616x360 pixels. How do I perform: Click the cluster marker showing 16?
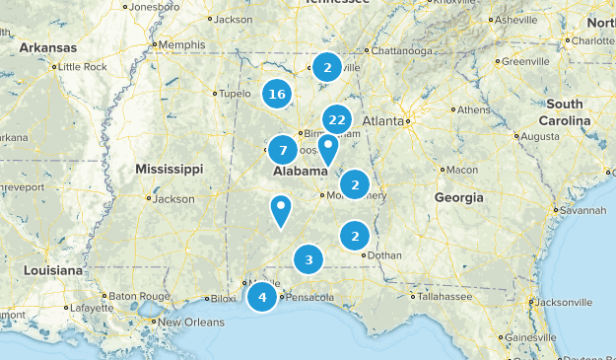(277, 95)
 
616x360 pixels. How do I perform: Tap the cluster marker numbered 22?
(337, 120)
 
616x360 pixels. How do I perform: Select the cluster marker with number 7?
(283, 150)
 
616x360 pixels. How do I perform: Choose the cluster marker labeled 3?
(308, 260)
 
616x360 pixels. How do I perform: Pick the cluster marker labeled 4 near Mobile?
(262, 297)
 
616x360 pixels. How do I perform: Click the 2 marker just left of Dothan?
(355, 236)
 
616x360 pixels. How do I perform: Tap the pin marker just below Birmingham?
(327, 148)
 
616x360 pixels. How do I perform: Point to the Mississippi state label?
(170, 168)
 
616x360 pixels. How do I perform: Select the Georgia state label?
(458, 197)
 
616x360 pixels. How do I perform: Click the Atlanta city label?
(383, 121)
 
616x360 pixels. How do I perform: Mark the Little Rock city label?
(83, 67)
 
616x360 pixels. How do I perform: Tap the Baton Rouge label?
(106, 296)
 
